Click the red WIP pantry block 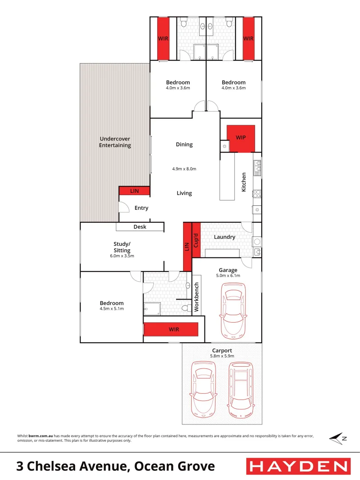[240, 138]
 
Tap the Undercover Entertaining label [115, 142]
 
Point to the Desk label [140, 227]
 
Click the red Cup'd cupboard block [196, 240]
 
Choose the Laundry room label [224, 237]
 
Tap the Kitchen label [244, 182]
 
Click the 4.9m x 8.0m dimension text [184, 169]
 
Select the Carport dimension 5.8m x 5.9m [222, 356]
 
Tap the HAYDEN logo [298, 466]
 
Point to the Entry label [141, 208]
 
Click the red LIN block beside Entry [134, 191]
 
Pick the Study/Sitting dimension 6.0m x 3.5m [122, 256]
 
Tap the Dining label [184, 144]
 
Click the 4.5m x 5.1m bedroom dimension [112, 308]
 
